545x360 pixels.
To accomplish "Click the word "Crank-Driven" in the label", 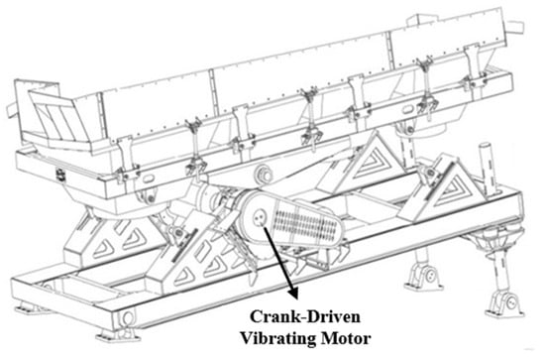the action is click(305, 317).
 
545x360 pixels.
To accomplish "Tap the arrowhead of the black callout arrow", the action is click(293, 293).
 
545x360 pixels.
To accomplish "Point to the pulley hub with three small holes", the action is click(259, 218).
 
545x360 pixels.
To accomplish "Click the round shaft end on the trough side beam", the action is click(264, 174).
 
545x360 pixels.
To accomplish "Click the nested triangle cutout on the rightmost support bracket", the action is click(451, 189).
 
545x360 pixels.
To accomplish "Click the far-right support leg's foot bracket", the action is click(505, 303).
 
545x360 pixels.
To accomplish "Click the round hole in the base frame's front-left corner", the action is click(128, 317).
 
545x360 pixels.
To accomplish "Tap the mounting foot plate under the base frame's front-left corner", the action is click(118, 334).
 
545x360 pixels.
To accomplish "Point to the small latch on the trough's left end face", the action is click(59, 175).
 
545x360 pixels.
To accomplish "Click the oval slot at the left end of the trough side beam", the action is click(148, 179).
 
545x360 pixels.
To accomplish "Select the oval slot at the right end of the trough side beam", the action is click(408, 110).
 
